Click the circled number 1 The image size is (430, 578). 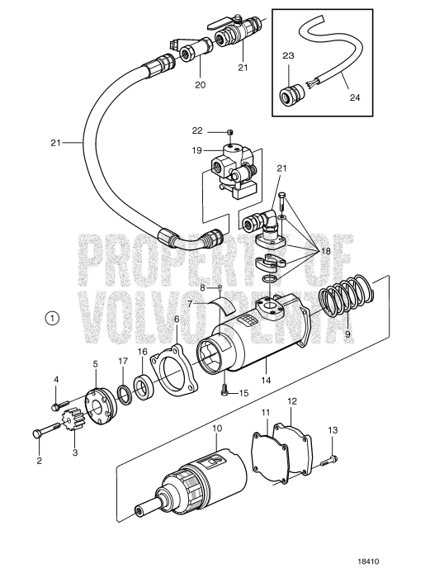coord(52,317)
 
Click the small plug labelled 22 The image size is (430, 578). coord(231,132)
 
